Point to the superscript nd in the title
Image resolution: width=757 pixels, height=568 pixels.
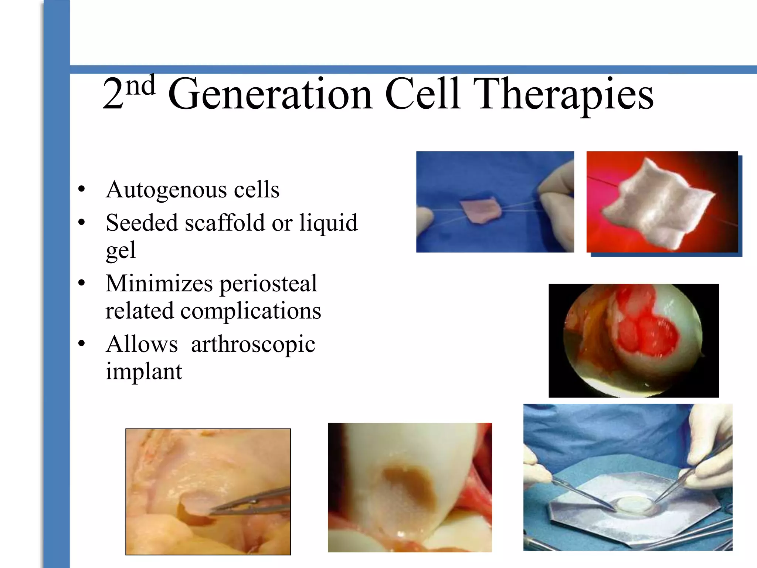(140, 85)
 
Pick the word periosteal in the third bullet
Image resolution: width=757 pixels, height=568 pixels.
(268, 284)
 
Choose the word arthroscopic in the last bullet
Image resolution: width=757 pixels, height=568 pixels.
(253, 345)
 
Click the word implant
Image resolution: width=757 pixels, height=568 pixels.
(144, 371)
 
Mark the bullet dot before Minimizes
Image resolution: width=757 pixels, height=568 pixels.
(82, 284)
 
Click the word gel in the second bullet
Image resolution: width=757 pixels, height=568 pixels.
(120, 251)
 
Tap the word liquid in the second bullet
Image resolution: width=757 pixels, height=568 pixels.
(328, 223)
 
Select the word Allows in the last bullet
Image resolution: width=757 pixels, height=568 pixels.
(142, 345)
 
